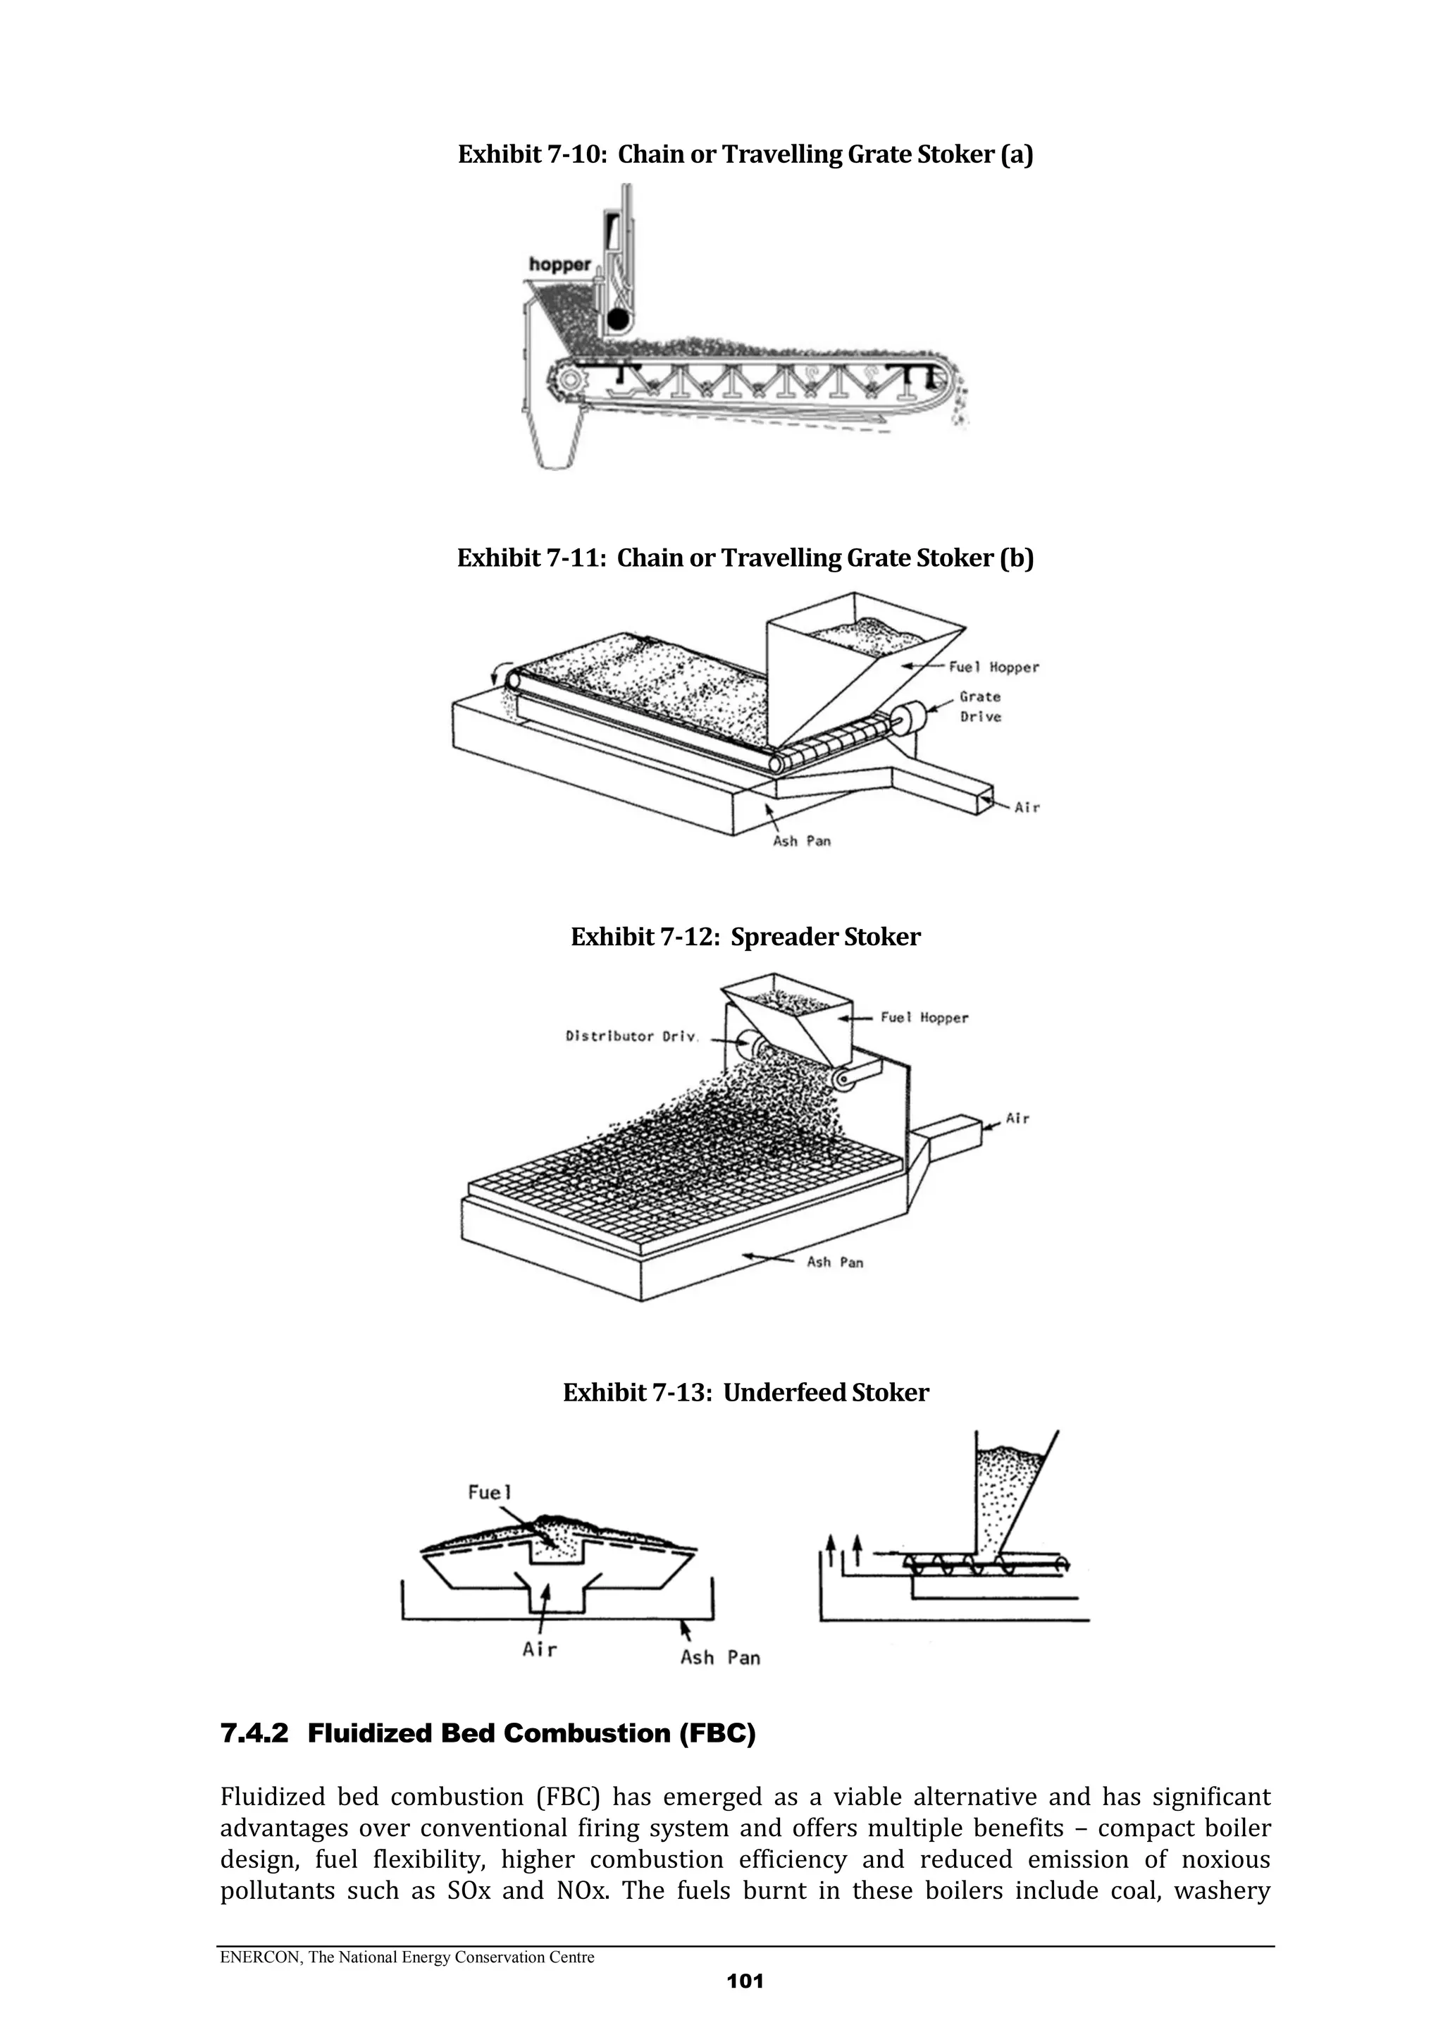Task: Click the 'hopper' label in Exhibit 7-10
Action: pos(560,264)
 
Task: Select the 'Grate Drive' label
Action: pos(980,707)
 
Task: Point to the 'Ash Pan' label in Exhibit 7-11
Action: pos(802,840)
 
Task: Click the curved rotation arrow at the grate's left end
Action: pos(503,672)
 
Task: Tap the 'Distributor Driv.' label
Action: pos(632,1036)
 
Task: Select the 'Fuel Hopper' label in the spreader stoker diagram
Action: pos(924,1017)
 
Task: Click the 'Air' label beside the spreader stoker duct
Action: pos(1017,1118)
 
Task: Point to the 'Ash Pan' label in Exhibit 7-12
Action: pos(835,1262)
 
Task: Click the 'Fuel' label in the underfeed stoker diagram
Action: pos(490,1493)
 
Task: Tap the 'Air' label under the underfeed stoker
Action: pos(540,1650)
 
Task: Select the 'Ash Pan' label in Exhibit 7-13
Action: pos(720,1658)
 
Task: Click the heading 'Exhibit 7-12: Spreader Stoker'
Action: pos(745,937)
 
